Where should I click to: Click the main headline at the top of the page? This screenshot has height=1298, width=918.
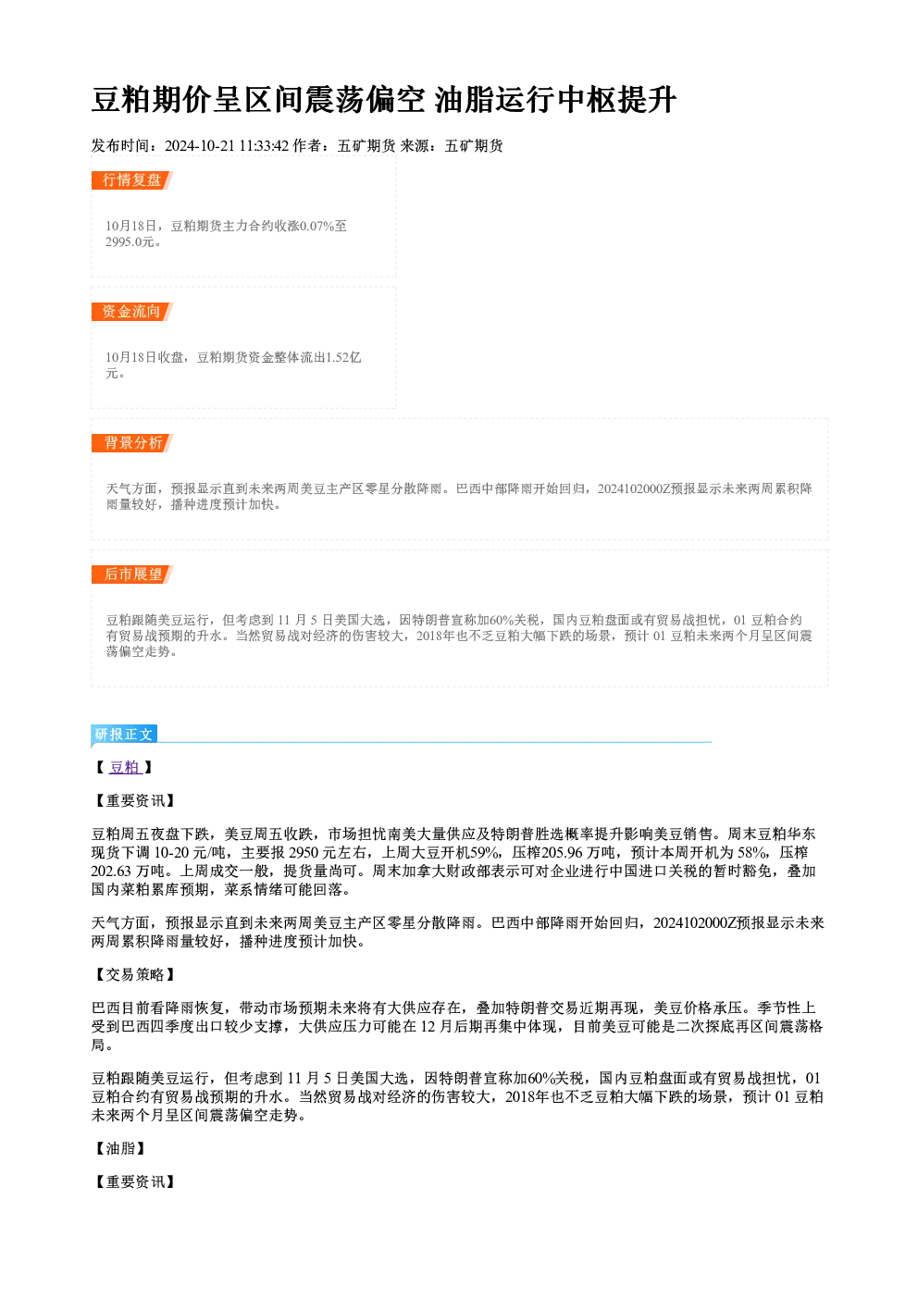(x=384, y=99)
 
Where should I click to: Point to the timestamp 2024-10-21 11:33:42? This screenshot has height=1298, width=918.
(x=227, y=145)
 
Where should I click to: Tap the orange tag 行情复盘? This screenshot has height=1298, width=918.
(x=132, y=179)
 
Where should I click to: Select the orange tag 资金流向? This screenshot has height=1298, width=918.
(x=132, y=311)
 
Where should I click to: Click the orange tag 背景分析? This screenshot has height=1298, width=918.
(x=132, y=443)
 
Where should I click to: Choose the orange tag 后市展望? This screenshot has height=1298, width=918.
(x=132, y=575)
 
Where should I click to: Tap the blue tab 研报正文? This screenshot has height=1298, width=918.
(x=124, y=735)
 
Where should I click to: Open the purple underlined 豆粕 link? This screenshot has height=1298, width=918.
(x=125, y=767)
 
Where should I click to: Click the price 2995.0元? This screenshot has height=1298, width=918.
(x=130, y=241)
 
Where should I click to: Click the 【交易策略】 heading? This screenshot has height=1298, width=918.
(x=134, y=975)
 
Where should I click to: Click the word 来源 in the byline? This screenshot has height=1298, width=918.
(x=415, y=145)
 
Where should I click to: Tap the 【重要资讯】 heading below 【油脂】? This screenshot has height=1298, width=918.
(x=134, y=1181)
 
